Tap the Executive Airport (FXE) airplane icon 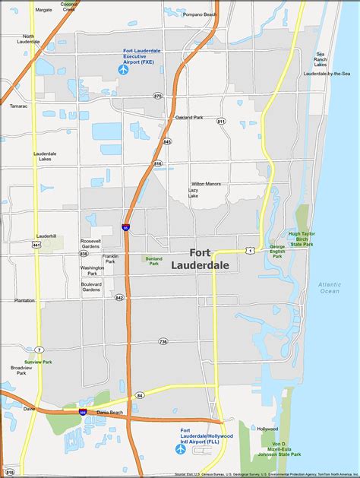click(x=124, y=70)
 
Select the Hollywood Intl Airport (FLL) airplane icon click(x=181, y=448)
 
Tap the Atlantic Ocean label click(x=330, y=287)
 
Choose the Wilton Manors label click(x=204, y=184)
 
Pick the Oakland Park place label click(x=189, y=117)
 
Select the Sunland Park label click(x=153, y=260)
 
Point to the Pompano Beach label click(x=201, y=14)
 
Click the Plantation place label click(x=24, y=300)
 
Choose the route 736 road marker click(x=163, y=341)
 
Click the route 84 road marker click(x=140, y=395)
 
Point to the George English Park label click(x=277, y=251)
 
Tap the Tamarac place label click(x=18, y=106)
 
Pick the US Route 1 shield click(x=250, y=250)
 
